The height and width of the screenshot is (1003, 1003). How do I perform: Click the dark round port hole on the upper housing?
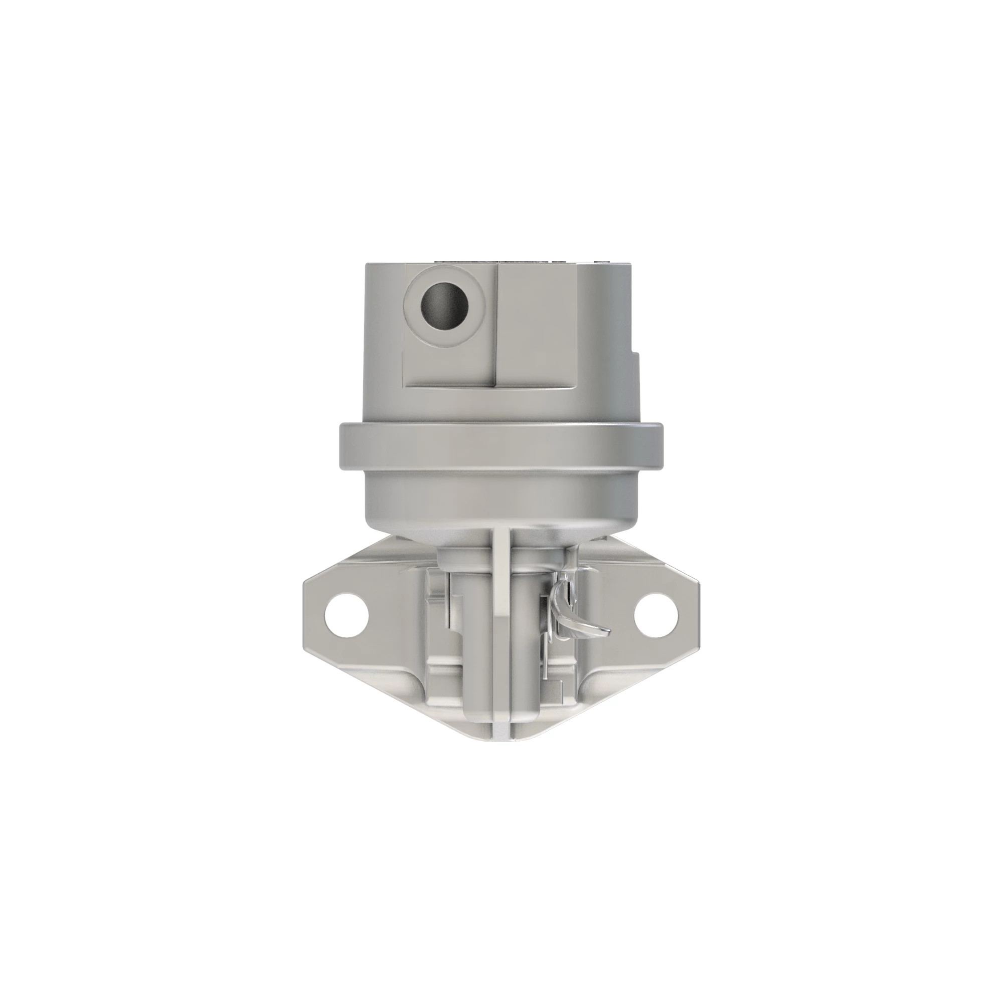pyautogui.click(x=444, y=306)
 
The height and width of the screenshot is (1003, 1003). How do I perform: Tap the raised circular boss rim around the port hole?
pyautogui.click(x=444, y=275)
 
